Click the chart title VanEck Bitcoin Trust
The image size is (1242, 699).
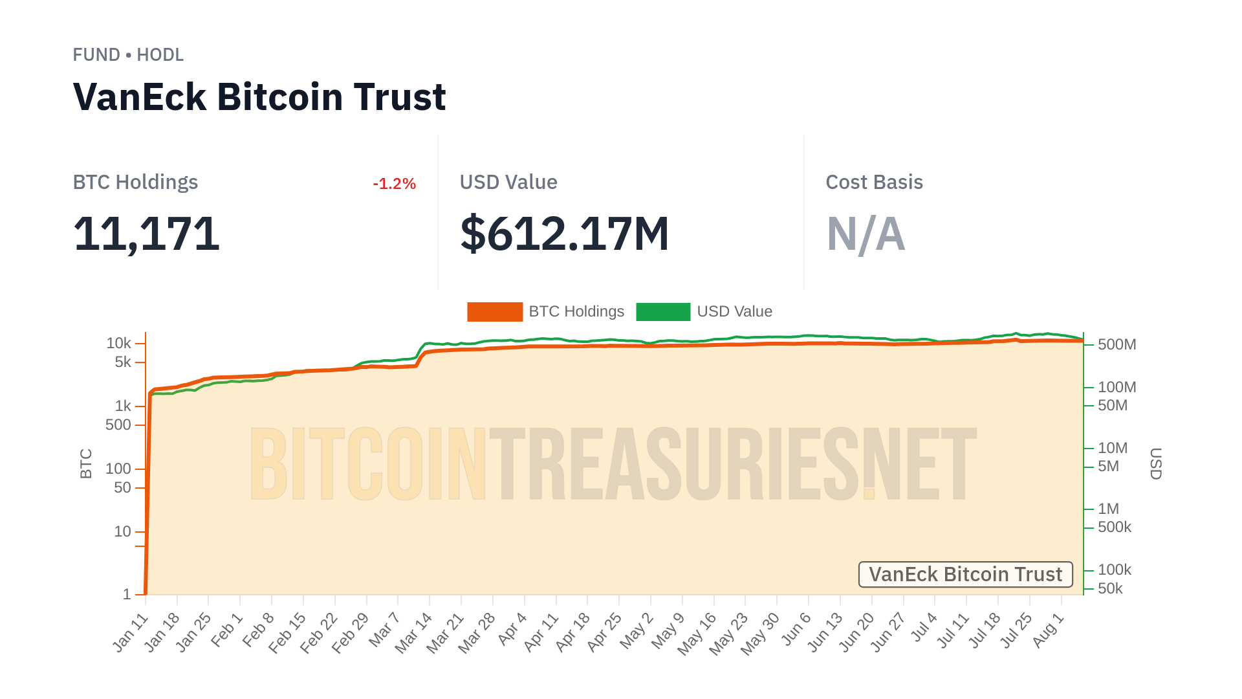259,97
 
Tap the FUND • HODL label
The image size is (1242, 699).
128,55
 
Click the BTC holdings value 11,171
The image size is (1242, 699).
146,234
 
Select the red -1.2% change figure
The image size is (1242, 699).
394,184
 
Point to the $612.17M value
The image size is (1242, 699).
564,234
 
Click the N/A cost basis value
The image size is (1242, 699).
866,234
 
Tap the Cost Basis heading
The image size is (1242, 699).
874,183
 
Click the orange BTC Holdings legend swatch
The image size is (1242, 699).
495,312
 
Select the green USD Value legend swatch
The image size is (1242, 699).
663,312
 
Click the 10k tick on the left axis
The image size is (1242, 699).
119,343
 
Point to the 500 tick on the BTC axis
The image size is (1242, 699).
118,425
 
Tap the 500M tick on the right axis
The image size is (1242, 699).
1117,344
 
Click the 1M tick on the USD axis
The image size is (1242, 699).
1108,509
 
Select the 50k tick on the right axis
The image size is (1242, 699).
1110,588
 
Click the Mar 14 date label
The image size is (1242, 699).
414,632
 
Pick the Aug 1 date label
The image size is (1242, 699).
1048,630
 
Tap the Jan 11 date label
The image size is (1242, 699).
131,632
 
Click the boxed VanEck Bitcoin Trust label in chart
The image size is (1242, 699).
965,574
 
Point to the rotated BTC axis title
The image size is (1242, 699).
86,463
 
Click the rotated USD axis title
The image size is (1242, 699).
1155,463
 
